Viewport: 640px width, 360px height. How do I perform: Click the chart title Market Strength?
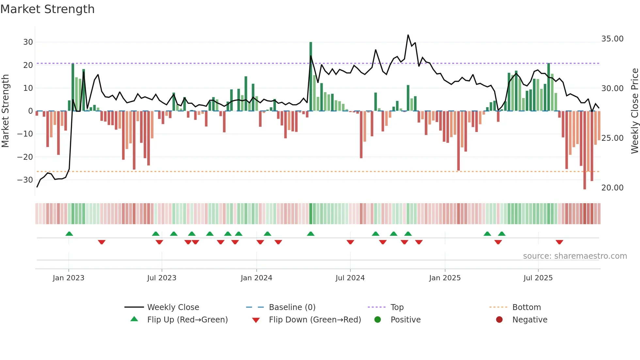[x=47, y=9]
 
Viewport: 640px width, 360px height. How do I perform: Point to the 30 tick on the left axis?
[x=28, y=42]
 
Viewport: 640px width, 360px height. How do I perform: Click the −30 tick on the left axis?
[x=25, y=180]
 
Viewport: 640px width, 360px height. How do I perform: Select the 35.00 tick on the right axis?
[x=612, y=39]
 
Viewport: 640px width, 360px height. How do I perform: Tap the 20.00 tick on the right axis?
[x=612, y=188]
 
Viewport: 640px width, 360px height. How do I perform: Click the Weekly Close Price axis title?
[x=634, y=111]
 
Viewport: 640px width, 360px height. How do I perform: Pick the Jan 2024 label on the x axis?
[x=256, y=278]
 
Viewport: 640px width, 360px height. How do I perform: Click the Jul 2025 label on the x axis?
[x=538, y=278]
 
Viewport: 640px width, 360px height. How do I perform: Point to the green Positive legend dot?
[x=378, y=320]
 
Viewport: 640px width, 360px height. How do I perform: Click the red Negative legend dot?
[x=499, y=320]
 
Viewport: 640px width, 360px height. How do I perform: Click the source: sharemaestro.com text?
[x=575, y=256]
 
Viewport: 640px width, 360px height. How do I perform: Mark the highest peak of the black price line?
[x=408, y=35]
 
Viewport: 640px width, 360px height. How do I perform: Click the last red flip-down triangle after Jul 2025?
[x=559, y=242]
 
